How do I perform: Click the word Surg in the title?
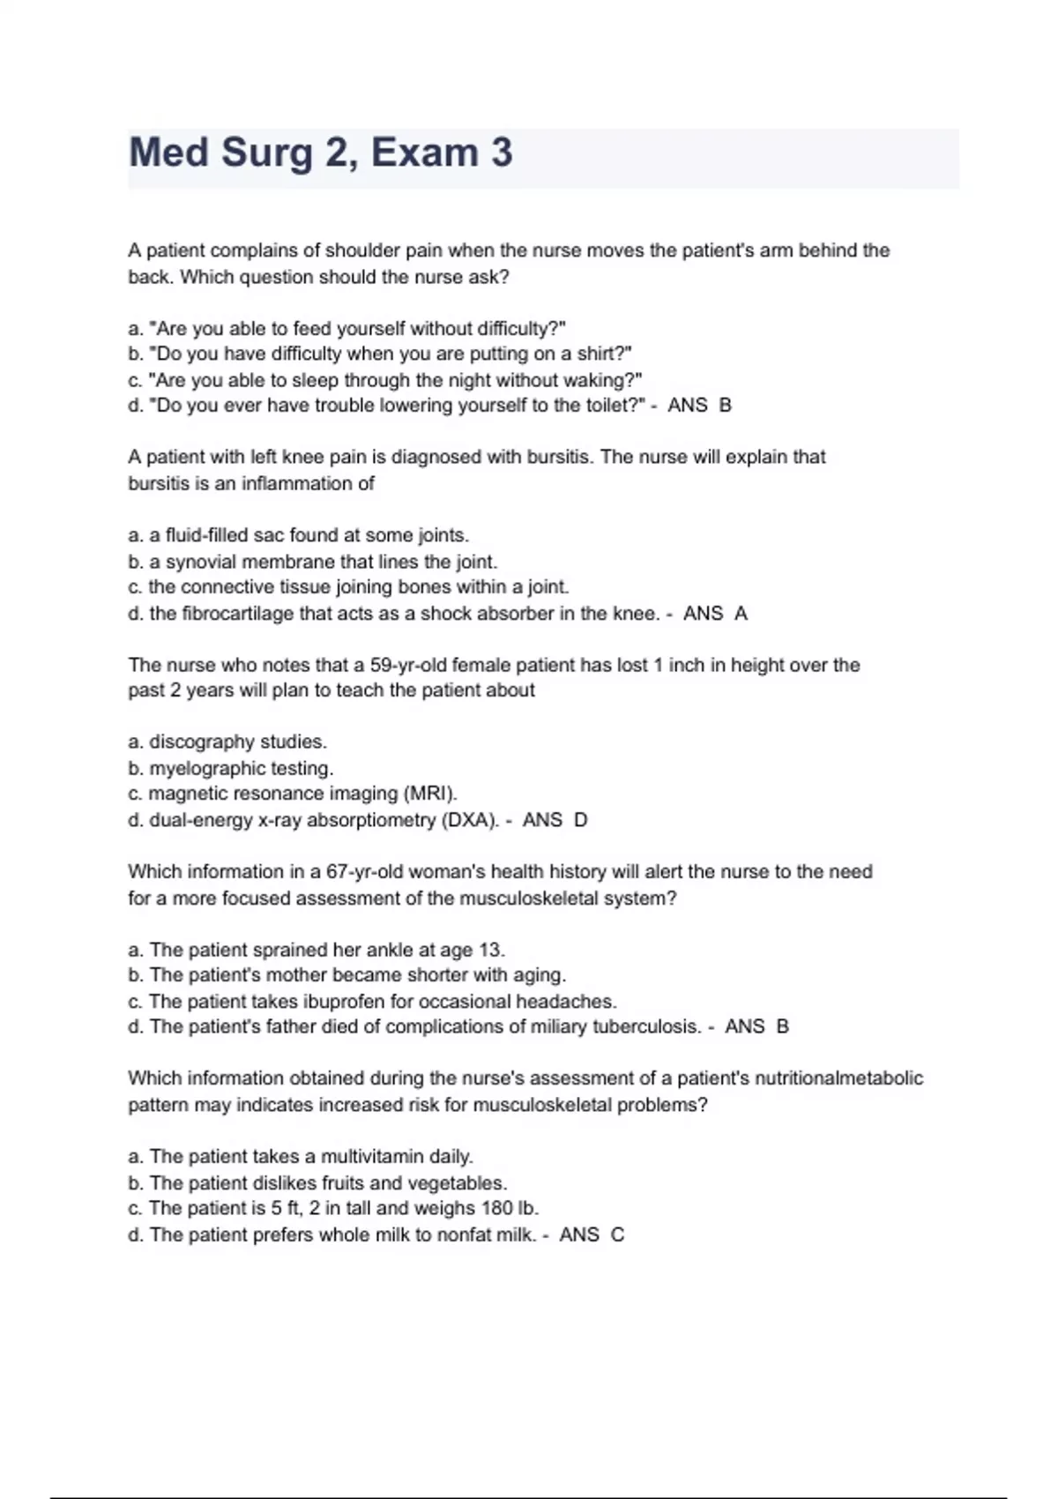click(x=266, y=153)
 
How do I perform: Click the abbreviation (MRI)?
click(x=430, y=794)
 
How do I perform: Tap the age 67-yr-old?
click(x=369, y=872)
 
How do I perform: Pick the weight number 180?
click(x=497, y=1209)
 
